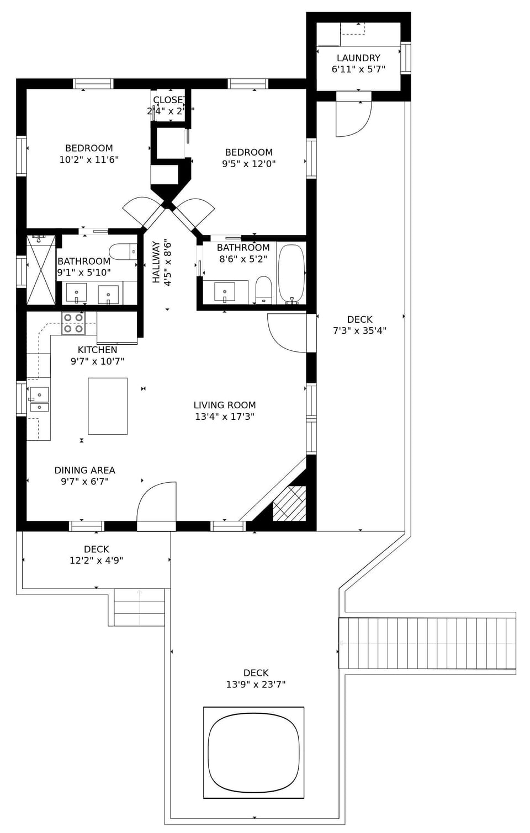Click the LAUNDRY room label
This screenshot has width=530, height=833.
358,58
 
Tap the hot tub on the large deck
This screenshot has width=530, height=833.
253,752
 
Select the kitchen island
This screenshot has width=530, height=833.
108,406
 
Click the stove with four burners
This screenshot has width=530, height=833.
73,323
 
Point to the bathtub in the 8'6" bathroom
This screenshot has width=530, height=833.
291,273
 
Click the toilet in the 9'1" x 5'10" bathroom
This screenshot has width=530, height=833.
123,252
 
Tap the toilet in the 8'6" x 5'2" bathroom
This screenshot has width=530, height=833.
264,290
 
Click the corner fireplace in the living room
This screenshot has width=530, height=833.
289,503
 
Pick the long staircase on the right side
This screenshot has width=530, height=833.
427,643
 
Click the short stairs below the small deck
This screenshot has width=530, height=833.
139,607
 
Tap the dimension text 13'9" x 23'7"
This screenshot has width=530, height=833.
256,685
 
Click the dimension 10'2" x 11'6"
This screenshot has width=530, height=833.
89,160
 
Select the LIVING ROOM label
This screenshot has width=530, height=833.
225,405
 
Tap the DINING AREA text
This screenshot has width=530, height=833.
84,471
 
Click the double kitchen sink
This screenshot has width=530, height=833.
39,399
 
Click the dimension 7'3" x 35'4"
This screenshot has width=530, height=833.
359,331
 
